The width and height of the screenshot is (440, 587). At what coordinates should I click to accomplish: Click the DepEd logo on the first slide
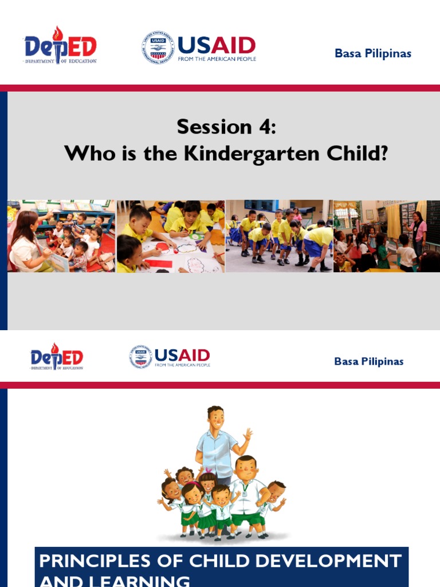pos(60,46)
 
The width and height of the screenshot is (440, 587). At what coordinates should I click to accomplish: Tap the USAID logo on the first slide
pos(199,48)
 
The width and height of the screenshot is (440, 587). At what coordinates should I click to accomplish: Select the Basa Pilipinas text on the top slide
pos(373,54)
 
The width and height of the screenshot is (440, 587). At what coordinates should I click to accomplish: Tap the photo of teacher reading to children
pos(61,236)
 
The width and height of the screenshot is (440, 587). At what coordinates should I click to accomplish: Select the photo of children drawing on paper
pos(170,236)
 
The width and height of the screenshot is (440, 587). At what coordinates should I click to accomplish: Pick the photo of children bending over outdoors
pos(279,236)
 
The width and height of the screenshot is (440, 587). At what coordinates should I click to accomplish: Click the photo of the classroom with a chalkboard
pos(387,236)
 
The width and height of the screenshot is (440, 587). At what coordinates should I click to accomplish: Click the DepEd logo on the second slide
pos(57,357)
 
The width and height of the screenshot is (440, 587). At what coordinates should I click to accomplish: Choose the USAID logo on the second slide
pos(170,357)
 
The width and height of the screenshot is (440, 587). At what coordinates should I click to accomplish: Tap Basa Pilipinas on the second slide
pos(369,362)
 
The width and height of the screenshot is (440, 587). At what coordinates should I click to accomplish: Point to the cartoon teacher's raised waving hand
pos(247,434)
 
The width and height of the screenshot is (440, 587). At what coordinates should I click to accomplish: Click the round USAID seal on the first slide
pos(158,48)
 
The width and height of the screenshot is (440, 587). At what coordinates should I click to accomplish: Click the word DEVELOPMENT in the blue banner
pos(332,561)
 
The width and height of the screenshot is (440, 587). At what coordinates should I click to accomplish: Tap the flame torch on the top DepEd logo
pos(57,33)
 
